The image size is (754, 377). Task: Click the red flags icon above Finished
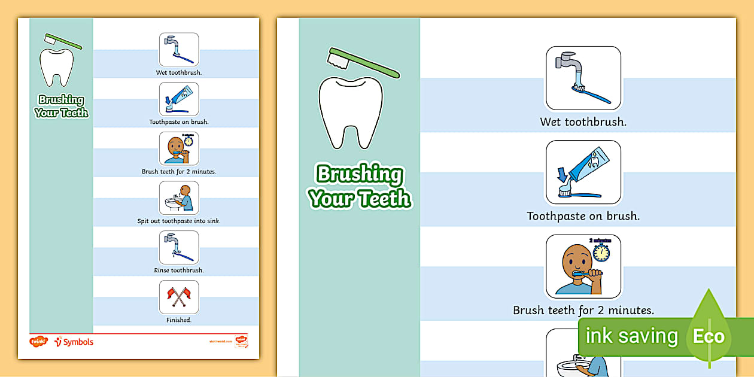pyautogui.click(x=178, y=297)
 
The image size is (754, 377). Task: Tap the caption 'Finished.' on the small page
pyautogui.click(x=178, y=320)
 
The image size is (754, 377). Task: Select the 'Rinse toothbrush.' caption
pyautogui.click(x=178, y=270)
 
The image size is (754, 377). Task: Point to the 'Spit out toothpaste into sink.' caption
pyautogui.click(x=178, y=221)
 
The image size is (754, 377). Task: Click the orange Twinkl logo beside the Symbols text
pyautogui.click(x=38, y=342)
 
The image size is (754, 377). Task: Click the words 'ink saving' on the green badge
pyautogui.click(x=631, y=336)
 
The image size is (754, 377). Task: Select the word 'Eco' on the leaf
pyautogui.click(x=709, y=336)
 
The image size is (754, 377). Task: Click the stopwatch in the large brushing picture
pyautogui.click(x=600, y=252)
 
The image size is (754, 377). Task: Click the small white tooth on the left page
pyautogui.click(x=56, y=67)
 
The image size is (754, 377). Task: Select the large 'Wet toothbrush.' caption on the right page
pyautogui.click(x=583, y=122)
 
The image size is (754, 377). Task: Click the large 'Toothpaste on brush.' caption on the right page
pyautogui.click(x=583, y=216)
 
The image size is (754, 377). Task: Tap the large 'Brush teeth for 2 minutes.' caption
pyautogui.click(x=583, y=311)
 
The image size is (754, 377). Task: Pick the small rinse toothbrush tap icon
pyautogui.click(x=178, y=247)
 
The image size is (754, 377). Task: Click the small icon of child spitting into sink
pyautogui.click(x=178, y=198)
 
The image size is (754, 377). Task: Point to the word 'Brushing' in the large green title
pyautogui.click(x=360, y=175)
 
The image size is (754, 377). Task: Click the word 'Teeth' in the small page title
pyautogui.click(x=74, y=113)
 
